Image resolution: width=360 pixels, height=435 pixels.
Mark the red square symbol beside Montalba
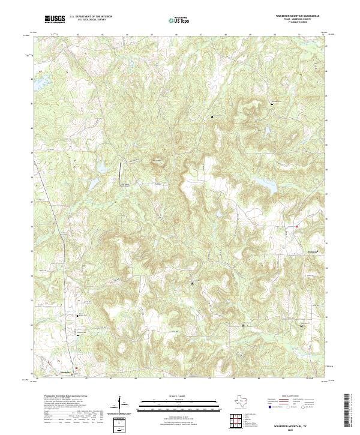[77, 368]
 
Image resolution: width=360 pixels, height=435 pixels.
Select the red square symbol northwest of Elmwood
[297, 226]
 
